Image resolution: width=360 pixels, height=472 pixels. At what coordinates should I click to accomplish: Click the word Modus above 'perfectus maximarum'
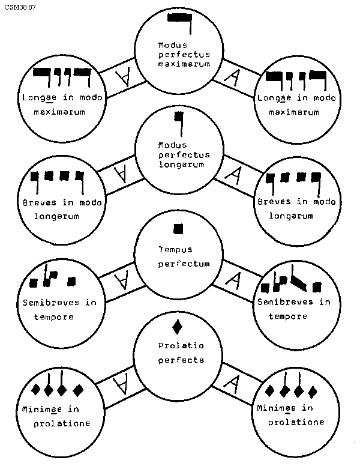pyautogui.click(x=172, y=45)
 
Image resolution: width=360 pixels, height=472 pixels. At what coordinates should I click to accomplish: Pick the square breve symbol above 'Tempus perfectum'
pyautogui.click(x=178, y=229)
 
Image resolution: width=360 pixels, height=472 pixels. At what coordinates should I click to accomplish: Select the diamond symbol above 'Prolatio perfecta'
pyautogui.click(x=178, y=327)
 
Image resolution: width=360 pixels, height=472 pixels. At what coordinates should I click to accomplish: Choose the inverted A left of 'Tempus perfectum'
pyautogui.click(x=122, y=279)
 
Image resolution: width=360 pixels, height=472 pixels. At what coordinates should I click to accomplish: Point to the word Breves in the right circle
pyautogui.click(x=273, y=202)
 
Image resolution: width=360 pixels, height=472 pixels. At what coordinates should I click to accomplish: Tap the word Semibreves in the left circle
pyautogui.click(x=50, y=302)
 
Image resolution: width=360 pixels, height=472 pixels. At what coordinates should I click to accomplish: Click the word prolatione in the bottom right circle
pyautogui.click(x=296, y=422)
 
